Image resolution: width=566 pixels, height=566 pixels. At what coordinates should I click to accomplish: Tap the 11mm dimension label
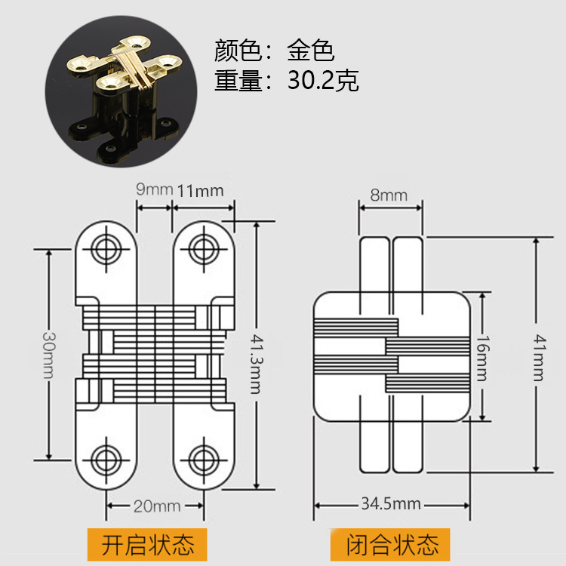200,189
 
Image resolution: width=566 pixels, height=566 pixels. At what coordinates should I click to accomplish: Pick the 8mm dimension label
388,195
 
